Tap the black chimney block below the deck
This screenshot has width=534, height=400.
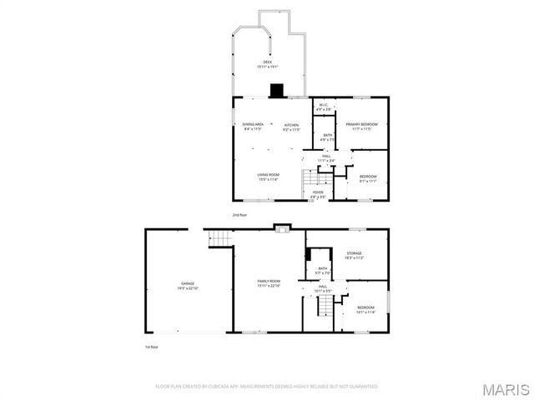(276, 90)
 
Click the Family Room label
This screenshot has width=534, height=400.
(268, 284)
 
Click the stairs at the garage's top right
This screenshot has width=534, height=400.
(219, 239)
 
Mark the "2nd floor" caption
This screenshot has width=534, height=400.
(241, 215)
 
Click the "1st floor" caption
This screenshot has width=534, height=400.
(151, 347)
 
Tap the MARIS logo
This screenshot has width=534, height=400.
(506, 388)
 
